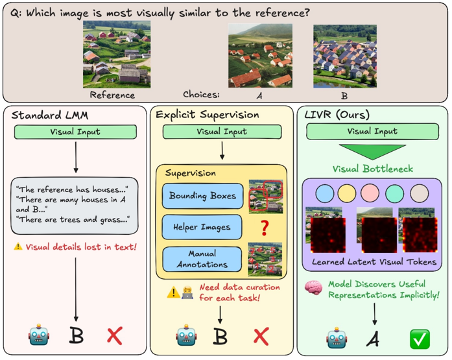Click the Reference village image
pyautogui.click(x=117, y=54)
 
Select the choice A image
pyautogui.click(x=260, y=56)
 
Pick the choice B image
pyautogui.click(x=345, y=56)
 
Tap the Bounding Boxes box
pyautogui.click(x=202, y=196)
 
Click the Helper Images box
pyautogui.click(x=202, y=227)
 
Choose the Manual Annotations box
pyautogui.click(x=202, y=259)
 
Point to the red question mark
pyautogui.click(x=265, y=228)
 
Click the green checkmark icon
pyautogui.click(x=420, y=339)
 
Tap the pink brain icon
pyautogui.click(x=314, y=287)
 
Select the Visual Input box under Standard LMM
pyautogui.click(x=75, y=132)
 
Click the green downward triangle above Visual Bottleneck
pyautogui.click(x=372, y=152)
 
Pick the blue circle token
pyautogui.click(x=325, y=193)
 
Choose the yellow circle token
pyautogui.click(x=347, y=193)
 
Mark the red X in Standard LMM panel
pyautogui.click(x=115, y=335)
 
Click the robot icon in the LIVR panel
pyautogui.click(x=337, y=337)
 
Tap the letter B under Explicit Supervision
pyautogui.click(x=220, y=336)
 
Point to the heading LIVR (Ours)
pyautogui.click(x=337, y=115)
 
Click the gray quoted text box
pyautogui.click(x=75, y=206)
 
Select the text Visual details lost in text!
pyautogui.click(x=81, y=247)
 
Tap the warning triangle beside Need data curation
pyautogui.click(x=174, y=292)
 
